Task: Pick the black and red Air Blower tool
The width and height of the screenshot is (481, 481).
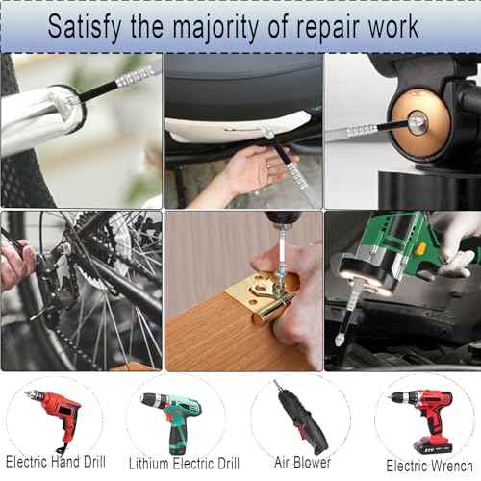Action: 300,416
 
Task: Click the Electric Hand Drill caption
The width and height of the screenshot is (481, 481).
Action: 55,462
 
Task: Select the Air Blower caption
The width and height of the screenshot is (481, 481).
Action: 302,463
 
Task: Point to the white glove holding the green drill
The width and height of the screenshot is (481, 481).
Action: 456,236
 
